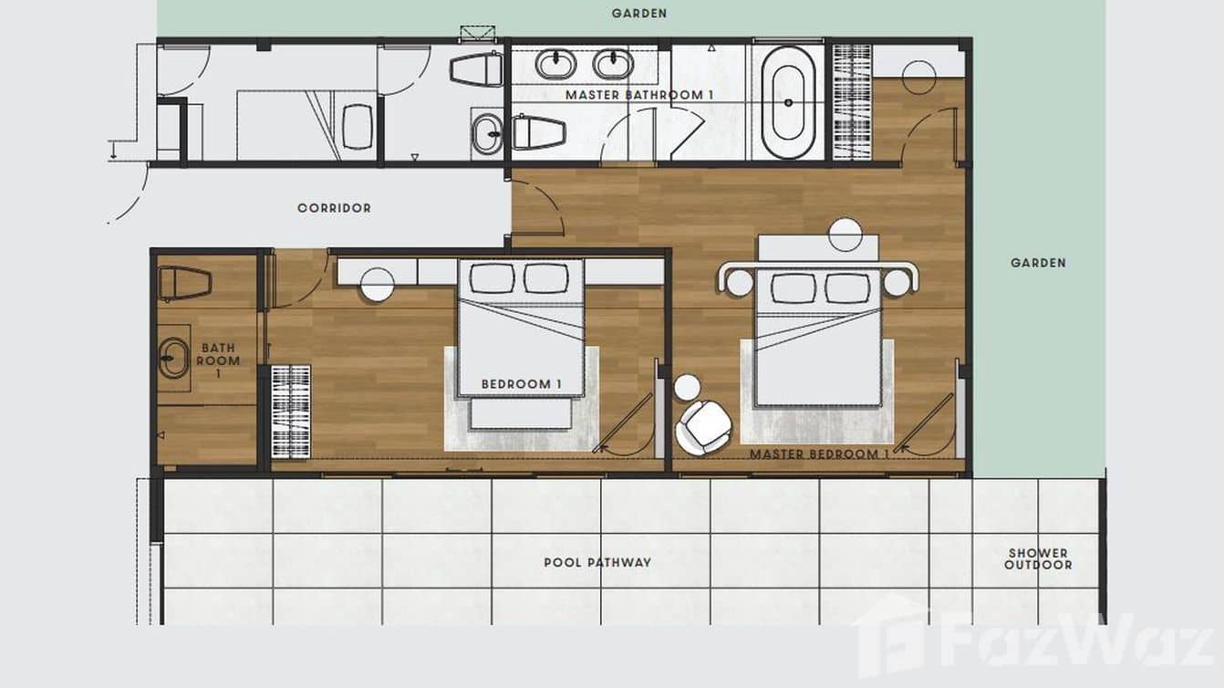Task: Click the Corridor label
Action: coord(334,208)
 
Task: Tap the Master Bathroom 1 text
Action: coord(639,95)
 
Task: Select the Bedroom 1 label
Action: coord(522,384)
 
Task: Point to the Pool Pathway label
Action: coord(597,562)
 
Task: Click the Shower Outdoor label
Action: coord(1038,559)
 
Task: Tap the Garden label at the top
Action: coord(639,13)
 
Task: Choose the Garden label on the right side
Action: coord(1038,263)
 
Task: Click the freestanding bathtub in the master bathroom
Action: coord(788,102)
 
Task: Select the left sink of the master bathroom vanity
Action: coord(556,64)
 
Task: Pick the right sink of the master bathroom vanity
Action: coord(614,64)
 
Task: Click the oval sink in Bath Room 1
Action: coord(174,358)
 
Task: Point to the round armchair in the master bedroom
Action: coord(704,427)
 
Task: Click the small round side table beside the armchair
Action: coord(687,387)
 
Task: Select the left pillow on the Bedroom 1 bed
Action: coord(492,278)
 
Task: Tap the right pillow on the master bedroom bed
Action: coord(847,288)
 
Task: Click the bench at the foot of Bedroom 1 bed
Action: coord(522,413)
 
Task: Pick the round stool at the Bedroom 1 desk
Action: coord(377,285)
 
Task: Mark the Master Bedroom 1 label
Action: coord(819,454)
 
